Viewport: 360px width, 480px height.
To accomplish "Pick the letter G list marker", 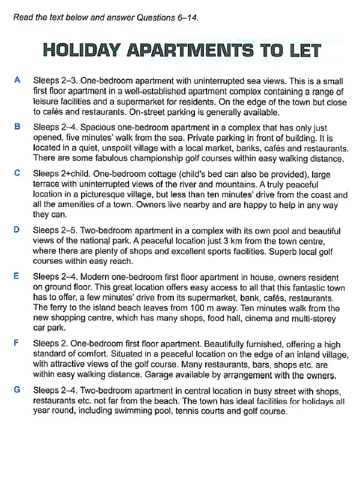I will pos(17,389).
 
